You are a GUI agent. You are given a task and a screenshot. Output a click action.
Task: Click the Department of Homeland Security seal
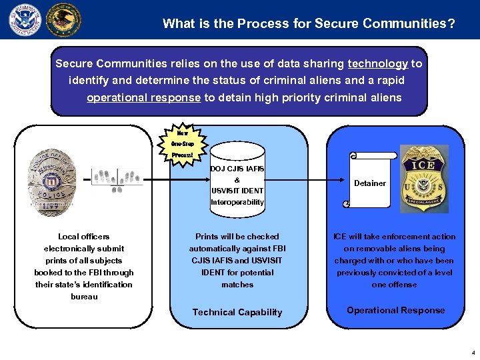point(25,19)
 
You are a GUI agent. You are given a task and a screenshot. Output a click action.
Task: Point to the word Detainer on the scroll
point(370,183)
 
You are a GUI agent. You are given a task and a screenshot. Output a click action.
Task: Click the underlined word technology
point(377,64)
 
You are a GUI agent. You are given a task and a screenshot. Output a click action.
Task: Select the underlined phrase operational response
point(143,97)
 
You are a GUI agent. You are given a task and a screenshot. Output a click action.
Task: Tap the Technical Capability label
point(237,312)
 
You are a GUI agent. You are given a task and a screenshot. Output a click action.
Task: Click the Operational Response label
point(396,310)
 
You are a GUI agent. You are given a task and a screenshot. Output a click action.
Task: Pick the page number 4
point(473,352)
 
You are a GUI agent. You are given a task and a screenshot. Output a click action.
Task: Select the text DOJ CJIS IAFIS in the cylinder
point(237,169)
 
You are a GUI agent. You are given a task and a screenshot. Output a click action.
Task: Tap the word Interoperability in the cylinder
point(237,202)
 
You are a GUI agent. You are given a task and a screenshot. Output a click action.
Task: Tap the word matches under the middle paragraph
point(237,285)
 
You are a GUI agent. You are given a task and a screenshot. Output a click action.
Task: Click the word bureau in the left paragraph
point(84,297)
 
